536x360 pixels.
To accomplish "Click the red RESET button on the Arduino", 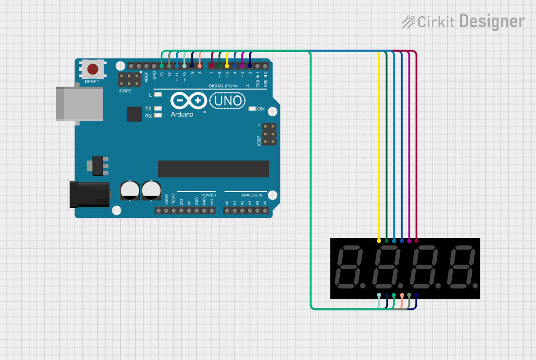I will click(x=92, y=69).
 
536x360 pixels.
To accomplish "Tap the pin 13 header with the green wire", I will click(x=162, y=66).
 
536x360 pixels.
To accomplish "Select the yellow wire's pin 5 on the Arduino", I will click(x=227, y=66).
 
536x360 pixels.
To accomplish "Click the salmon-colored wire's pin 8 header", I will click(x=200, y=66).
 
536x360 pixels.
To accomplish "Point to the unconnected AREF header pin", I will click(x=147, y=66).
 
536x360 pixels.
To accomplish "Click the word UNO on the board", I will click(x=227, y=101).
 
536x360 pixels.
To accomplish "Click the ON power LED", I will click(x=252, y=109).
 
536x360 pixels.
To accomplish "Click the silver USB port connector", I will click(x=79, y=103).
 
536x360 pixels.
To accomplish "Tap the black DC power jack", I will click(x=90, y=194).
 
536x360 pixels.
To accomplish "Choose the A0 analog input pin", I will click(x=227, y=211).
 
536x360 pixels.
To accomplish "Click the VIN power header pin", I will click(x=212, y=211).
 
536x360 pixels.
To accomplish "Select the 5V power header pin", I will click(x=189, y=211).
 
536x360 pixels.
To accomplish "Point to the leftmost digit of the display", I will click(x=350, y=268).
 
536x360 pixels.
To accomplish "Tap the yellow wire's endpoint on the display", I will click(x=379, y=240).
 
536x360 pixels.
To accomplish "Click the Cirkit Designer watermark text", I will click(x=463, y=21).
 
